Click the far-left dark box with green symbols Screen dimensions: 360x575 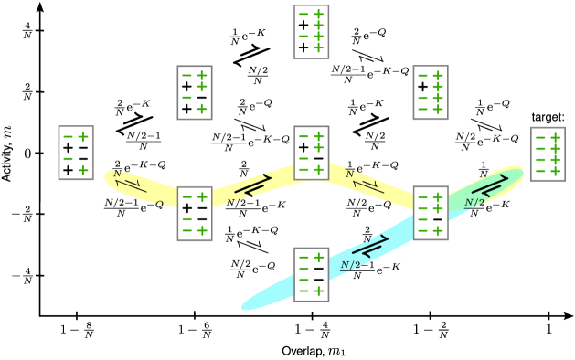point(76,153)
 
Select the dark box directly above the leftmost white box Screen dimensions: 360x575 point(195,92)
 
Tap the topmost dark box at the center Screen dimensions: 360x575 point(312,32)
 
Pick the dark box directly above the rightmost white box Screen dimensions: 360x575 point(431,92)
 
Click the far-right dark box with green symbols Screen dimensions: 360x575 point(548,154)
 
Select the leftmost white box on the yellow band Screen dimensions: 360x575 point(195,214)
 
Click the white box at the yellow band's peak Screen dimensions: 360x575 point(312,153)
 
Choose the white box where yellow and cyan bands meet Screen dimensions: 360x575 point(431,213)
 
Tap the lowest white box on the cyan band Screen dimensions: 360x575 point(312,274)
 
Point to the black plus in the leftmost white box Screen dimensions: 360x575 point(187,208)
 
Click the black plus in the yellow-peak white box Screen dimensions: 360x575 point(303,147)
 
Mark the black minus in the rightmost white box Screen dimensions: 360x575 point(438,219)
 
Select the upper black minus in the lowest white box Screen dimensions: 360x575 point(319,270)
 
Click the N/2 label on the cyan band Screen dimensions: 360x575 point(350,265)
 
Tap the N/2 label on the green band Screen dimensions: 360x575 point(474,203)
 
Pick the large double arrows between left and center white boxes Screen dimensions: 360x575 point(252,185)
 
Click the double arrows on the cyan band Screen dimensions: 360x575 point(370,245)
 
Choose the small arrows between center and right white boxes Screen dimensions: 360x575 point(369,185)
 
